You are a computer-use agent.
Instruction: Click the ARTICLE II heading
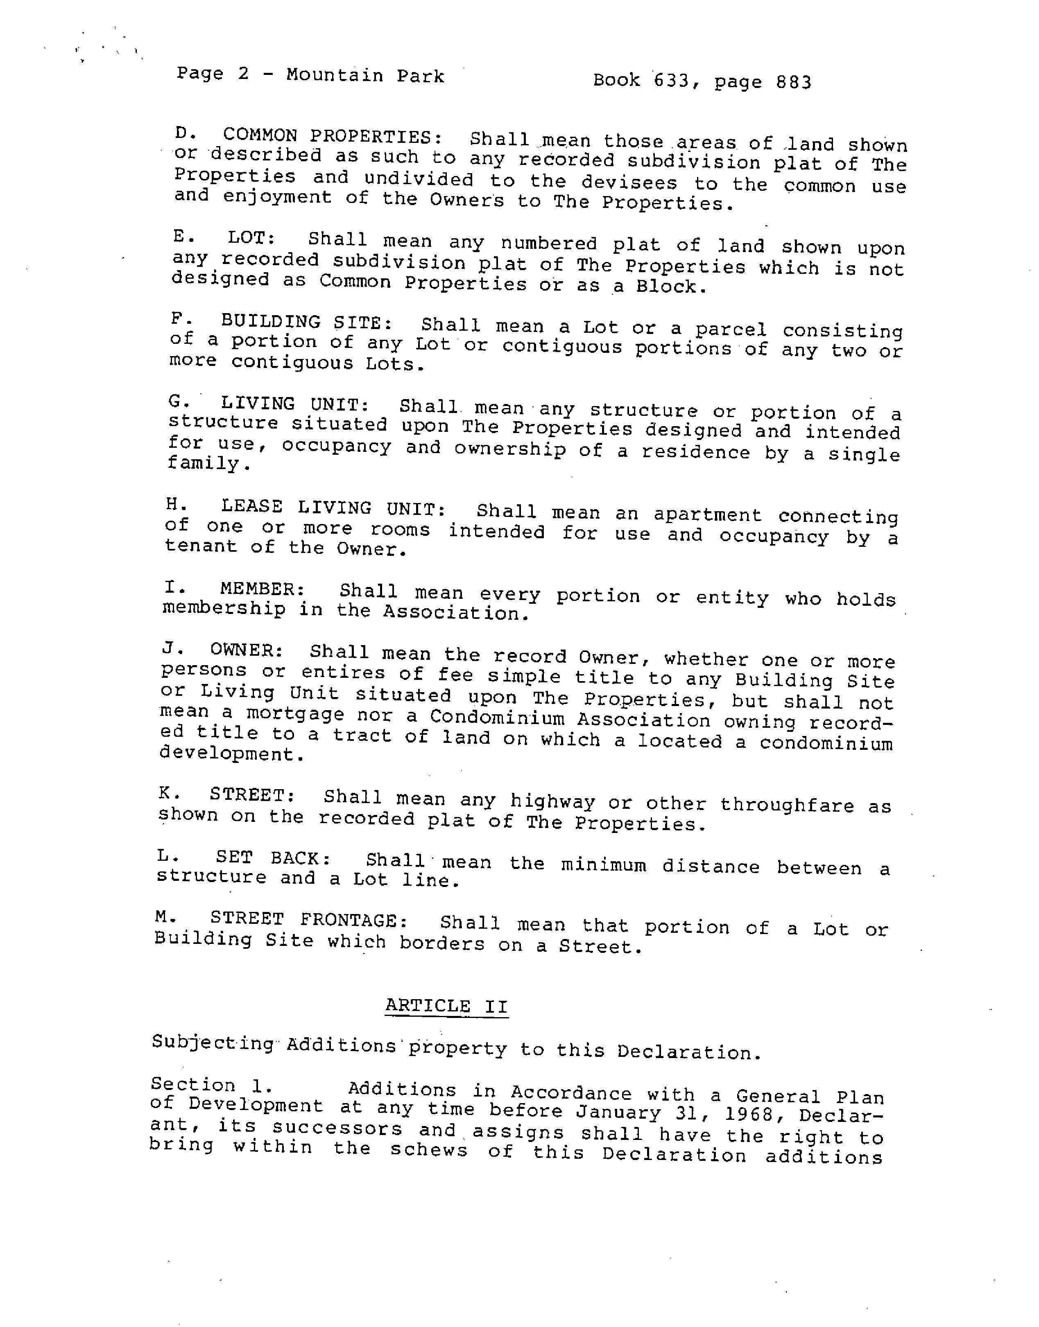446,1006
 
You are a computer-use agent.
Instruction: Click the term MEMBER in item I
262,589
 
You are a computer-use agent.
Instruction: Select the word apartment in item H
707,515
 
